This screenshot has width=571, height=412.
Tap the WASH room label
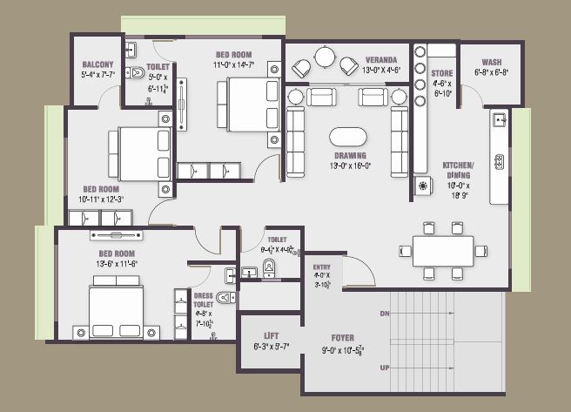tap(491, 63)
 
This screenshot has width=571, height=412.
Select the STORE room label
tap(442, 74)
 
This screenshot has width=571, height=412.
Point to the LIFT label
tap(270, 336)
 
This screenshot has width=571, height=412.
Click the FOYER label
tap(342, 337)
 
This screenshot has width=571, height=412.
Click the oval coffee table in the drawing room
tap(348, 138)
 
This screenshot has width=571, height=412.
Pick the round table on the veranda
tap(324, 57)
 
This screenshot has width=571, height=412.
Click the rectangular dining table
tap(443, 251)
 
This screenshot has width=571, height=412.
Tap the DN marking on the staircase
tap(384, 312)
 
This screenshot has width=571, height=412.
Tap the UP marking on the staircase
tap(384, 368)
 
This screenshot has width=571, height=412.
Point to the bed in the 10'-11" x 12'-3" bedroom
tap(143, 154)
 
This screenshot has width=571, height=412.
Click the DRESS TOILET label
tap(203, 301)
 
